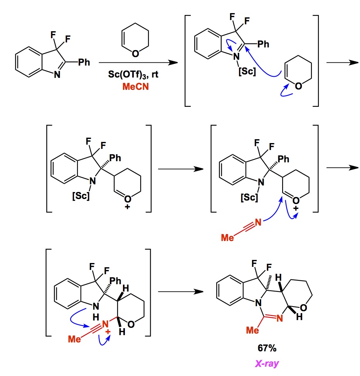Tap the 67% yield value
(x=267, y=348)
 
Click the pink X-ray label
(x=267, y=363)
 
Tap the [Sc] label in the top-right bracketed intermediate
(x=247, y=71)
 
